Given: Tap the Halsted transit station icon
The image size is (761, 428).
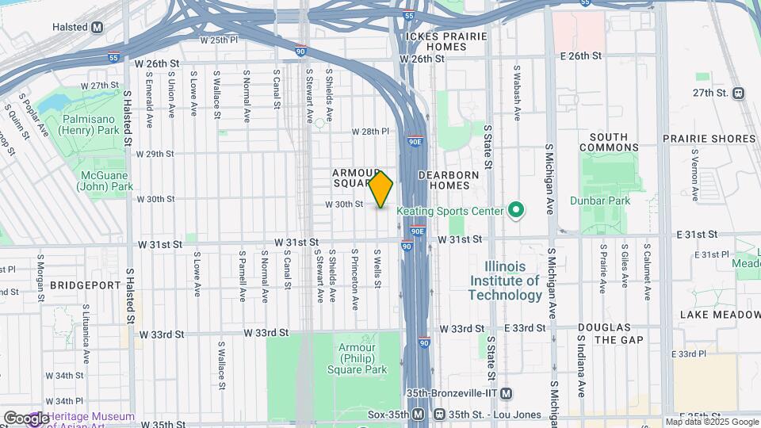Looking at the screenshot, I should point(97,27).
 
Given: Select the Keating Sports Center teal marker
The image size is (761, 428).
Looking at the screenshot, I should point(515,211).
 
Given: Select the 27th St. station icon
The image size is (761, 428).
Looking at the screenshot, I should point(739,93).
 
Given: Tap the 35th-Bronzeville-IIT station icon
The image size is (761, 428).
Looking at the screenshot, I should point(507,394).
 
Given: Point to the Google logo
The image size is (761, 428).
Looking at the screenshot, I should point(25,418).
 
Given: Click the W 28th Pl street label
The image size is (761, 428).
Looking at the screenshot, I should point(371,132).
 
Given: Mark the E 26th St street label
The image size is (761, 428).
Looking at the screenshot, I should point(580,56).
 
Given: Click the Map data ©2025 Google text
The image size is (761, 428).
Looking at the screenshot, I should point(710,422).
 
